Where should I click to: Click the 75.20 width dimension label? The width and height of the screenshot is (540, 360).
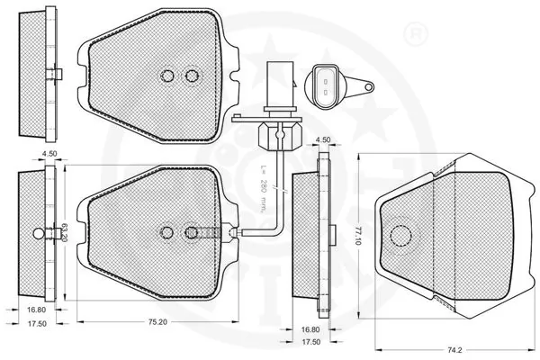pos(158,320)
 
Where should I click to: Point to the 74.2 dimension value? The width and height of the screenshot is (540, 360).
pos(455,350)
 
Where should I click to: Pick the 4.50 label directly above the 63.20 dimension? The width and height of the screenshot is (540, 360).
pos(49,154)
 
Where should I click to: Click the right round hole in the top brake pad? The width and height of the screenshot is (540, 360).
pos(191,76)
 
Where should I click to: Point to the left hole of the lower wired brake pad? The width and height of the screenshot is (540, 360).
pos(166,232)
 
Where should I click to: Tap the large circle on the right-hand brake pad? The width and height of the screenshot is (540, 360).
pos(400,234)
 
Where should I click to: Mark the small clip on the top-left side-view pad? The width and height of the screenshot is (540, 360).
pos(56,76)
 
